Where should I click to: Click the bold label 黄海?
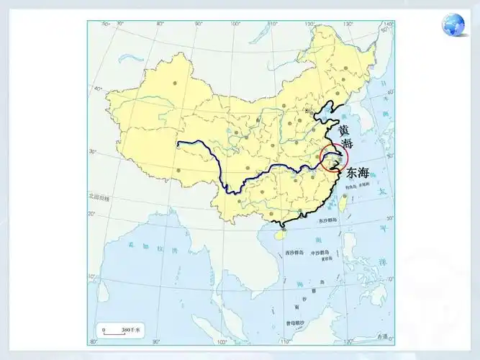coord(346,137)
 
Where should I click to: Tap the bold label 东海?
coord(358,173)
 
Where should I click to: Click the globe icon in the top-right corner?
coord(454,25)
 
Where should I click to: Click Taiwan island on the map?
coord(342,201)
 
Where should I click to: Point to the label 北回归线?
coord(99,195)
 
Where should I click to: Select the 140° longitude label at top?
coord(388,24)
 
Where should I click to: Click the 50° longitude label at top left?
coord(105,24)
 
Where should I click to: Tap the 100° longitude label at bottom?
coord(222,341)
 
